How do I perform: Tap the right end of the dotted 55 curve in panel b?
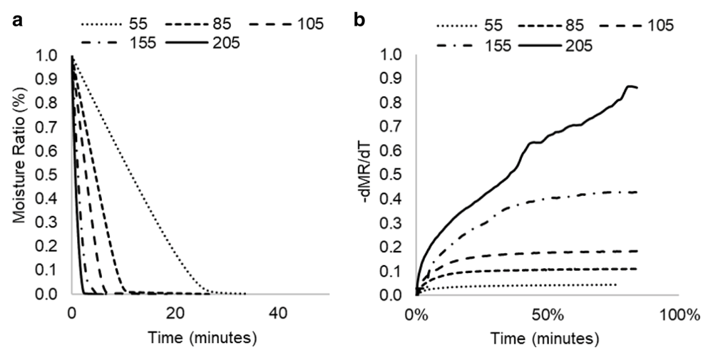click(x=615, y=284)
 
